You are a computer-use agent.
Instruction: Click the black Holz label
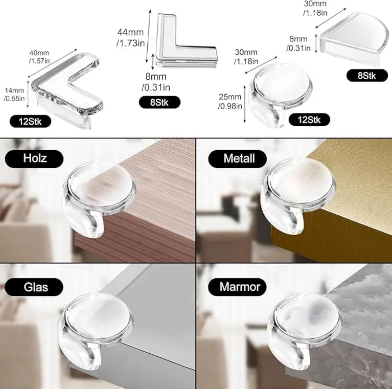34,158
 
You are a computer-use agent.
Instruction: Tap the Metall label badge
237,159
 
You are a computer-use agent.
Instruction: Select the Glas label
34,287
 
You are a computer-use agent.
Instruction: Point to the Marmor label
237,287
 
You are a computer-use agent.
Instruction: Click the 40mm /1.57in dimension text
39,57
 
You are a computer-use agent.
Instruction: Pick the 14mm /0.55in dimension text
14,94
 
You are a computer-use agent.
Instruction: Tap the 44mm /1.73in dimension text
130,37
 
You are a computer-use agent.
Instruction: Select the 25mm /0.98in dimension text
230,101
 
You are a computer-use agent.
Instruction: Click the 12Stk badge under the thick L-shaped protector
30,121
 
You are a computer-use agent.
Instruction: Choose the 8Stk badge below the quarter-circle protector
367,76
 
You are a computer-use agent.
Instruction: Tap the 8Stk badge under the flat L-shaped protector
160,102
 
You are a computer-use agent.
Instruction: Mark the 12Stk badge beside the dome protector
309,120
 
